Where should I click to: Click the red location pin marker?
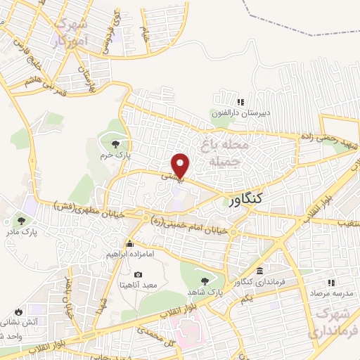point(181,165)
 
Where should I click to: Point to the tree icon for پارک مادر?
point(29,218)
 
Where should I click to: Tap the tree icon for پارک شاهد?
point(205,281)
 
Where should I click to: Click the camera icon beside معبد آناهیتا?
point(138,274)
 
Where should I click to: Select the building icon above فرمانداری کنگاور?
point(260,271)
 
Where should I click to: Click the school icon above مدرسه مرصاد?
point(330,282)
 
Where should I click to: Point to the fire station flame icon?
point(18,311)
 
